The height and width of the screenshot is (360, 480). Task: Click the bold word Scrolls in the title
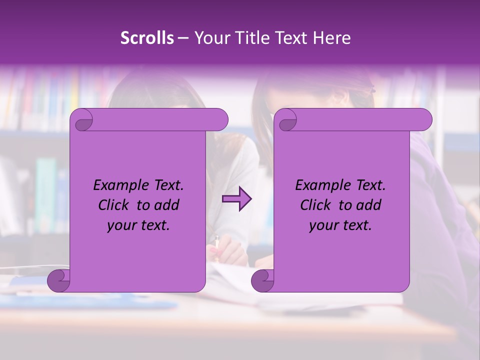[147, 38]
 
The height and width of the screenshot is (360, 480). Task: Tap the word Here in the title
[332, 38]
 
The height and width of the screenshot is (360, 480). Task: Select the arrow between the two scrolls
[236, 199]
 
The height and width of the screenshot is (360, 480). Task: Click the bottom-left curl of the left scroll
[58, 280]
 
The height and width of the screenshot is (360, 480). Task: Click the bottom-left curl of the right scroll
[262, 280]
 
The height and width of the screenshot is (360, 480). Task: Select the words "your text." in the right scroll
[340, 225]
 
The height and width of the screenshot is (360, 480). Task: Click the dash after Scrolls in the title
[183, 38]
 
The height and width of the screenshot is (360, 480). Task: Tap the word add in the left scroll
[167, 205]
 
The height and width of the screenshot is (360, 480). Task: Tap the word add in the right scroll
[369, 205]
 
